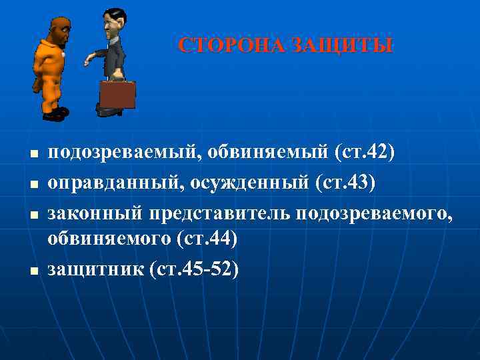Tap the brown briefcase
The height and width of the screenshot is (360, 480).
coord(117,95)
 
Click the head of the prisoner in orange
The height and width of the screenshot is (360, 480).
coord(61,30)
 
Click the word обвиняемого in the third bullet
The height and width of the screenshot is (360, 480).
coord(108,239)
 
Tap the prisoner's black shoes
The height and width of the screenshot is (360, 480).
coord(55,114)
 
